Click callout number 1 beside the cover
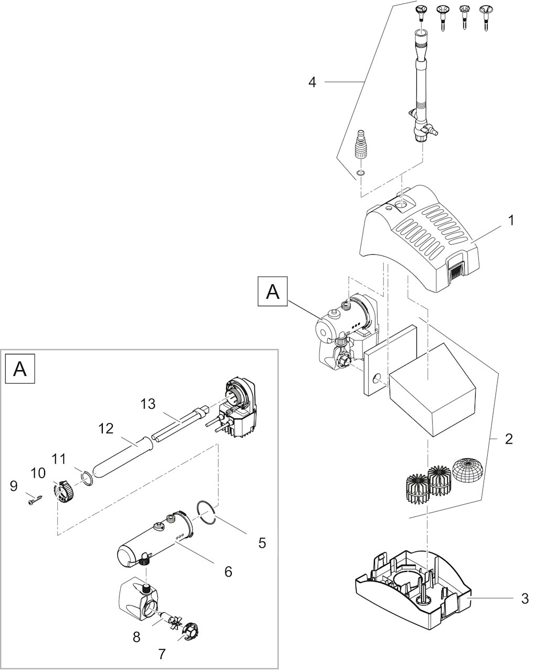tap(510, 220)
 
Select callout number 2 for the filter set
tap(509, 439)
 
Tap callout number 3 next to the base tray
tap(525, 598)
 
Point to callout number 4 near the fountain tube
tap(312, 82)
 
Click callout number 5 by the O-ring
tap(262, 543)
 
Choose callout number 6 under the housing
tap(228, 571)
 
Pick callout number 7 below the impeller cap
tap(162, 654)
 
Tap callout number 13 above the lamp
tap(148, 404)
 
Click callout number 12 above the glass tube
tap(106, 429)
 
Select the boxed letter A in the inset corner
tap(20, 369)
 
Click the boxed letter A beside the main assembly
tap(273, 291)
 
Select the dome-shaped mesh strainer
tap(467, 470)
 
